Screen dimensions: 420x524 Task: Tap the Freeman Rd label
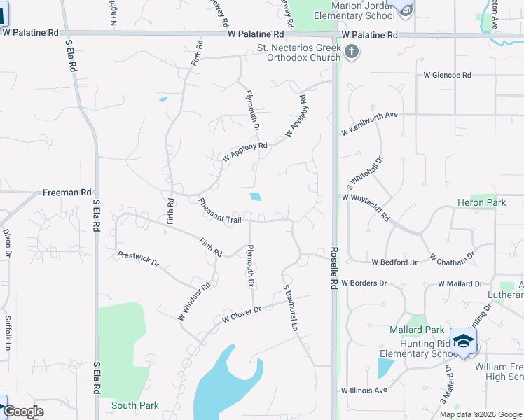(67, 192)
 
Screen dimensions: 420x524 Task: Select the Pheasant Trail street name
(219, 210)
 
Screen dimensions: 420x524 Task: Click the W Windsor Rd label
(194, 302)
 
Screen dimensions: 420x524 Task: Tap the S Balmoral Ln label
(291, 308)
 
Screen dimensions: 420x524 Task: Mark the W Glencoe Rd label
(447, 76)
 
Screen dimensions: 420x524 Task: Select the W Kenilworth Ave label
(369, 123)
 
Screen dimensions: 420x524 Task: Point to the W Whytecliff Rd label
(365, 208)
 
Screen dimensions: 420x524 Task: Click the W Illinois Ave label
(364, 391)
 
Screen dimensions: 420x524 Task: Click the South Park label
(135, 405)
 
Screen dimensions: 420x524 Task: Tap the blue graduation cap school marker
(463, 340)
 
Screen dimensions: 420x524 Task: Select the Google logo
(24, 412)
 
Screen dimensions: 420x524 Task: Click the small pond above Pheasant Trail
(256, 197)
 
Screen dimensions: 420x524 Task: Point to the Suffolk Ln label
(8, 333)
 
